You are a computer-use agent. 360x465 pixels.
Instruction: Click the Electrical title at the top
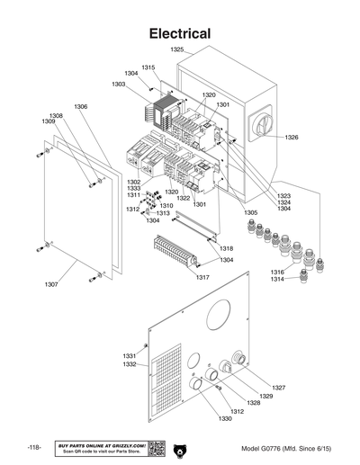(x=180, y=33)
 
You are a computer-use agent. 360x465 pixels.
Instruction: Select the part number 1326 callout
(x=292, y=138)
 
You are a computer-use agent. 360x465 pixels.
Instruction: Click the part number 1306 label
(x=80, y=107)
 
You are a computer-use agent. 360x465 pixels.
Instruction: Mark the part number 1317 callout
(x=202, y=277)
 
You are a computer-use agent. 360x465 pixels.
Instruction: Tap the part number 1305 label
(x=250, y=213)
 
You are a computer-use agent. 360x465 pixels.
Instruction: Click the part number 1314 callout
(x=277, y=280)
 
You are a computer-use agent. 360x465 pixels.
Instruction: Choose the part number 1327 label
(x=279, y=388)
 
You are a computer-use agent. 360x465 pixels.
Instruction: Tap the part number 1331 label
(x=130, y=356)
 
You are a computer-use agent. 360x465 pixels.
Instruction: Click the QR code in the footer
(x=154, y=448)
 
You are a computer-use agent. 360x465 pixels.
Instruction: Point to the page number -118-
(x=34, y=448)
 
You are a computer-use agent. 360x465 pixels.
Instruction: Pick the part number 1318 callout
(x=226, y=248)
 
